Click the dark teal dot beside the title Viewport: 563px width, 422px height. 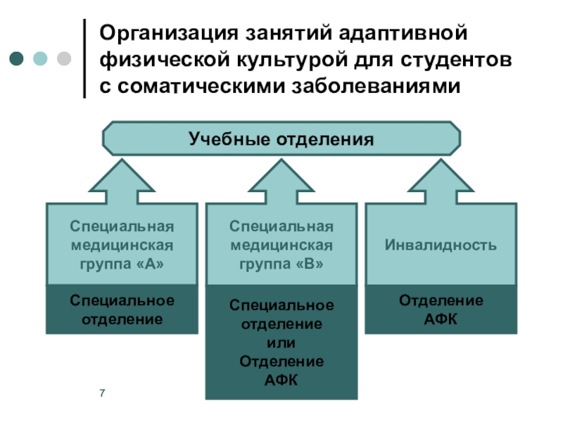click(16, 58)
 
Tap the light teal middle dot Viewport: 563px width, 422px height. click(40, 58)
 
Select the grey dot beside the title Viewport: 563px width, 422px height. click(63, 58)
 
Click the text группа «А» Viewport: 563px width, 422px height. click(121, 264)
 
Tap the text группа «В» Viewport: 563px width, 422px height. click(281, 264)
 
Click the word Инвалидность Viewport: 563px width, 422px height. click(441, 245)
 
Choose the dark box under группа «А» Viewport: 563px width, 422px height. click(121, 309)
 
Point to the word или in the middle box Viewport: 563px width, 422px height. click(281, 343)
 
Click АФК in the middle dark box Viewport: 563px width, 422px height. click(281, 380)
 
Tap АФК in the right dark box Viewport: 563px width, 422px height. click(441, 319)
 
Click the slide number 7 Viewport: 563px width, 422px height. click(102, 392)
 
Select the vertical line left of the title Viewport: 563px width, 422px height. click(85, 58)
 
